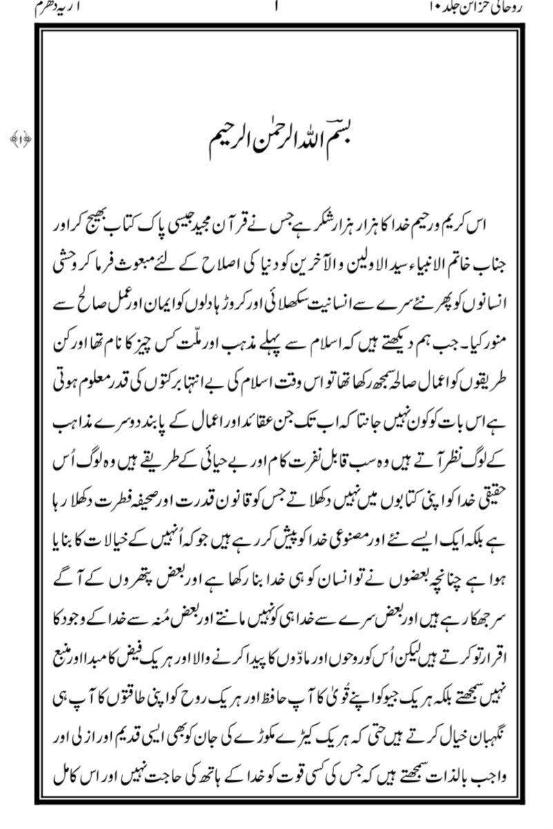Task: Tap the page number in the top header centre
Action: click(x=277, y=9)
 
